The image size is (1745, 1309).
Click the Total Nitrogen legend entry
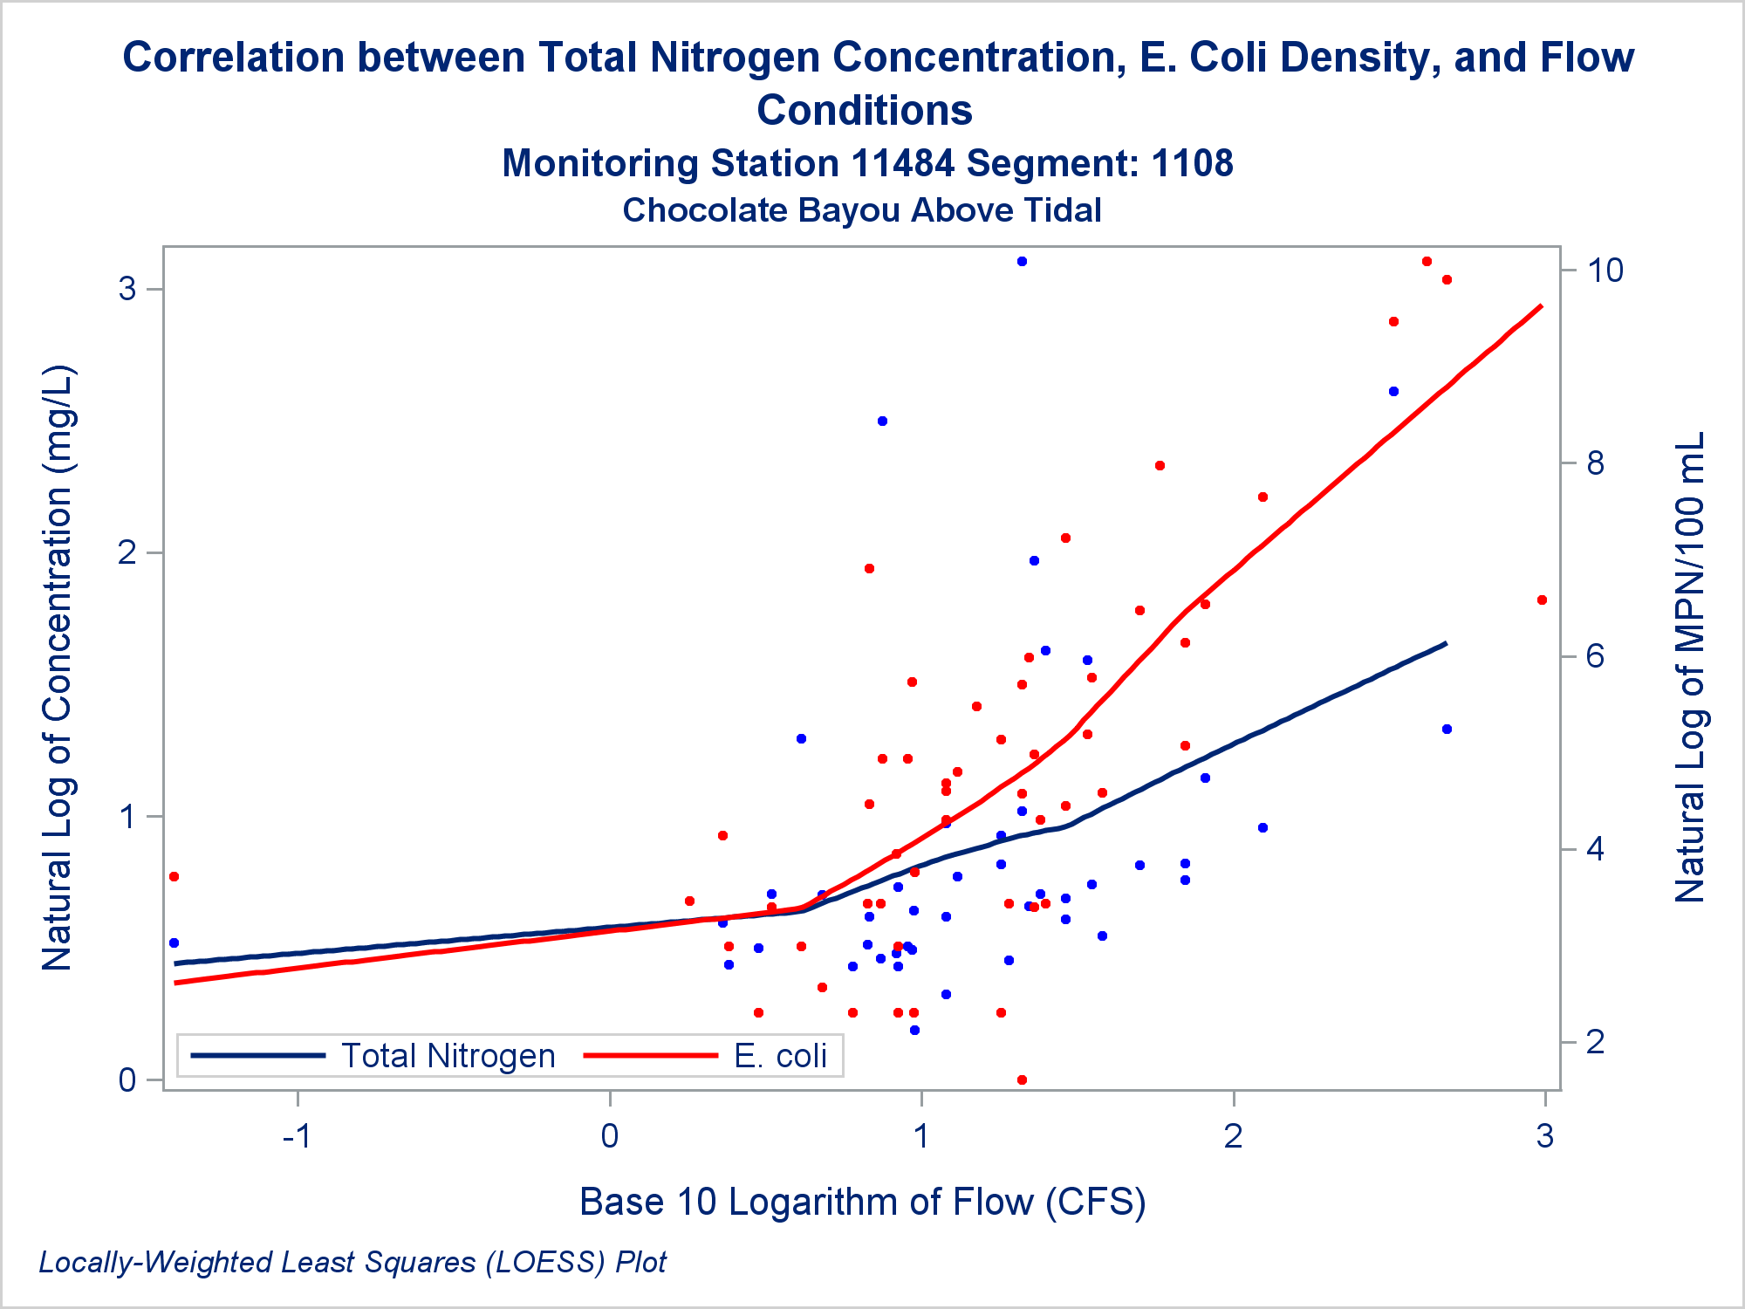448,1056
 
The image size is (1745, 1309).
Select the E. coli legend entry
779,1056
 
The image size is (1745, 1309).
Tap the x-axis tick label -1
298,1136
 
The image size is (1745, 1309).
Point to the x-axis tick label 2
1233,1136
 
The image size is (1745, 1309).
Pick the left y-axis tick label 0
127,1080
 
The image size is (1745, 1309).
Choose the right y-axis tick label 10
1605,271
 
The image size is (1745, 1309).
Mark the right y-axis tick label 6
1596,656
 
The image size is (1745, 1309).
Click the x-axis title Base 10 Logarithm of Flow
862,1202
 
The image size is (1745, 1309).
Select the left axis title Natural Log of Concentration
58,668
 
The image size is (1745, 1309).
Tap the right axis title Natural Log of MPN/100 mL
1690,668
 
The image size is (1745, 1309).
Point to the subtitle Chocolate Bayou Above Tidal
862,210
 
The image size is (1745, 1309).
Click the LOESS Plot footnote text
352,1262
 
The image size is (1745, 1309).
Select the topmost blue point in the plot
1022,261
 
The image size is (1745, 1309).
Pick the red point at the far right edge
1542,600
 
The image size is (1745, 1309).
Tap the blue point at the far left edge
174,942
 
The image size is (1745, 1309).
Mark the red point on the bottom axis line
1022,1079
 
